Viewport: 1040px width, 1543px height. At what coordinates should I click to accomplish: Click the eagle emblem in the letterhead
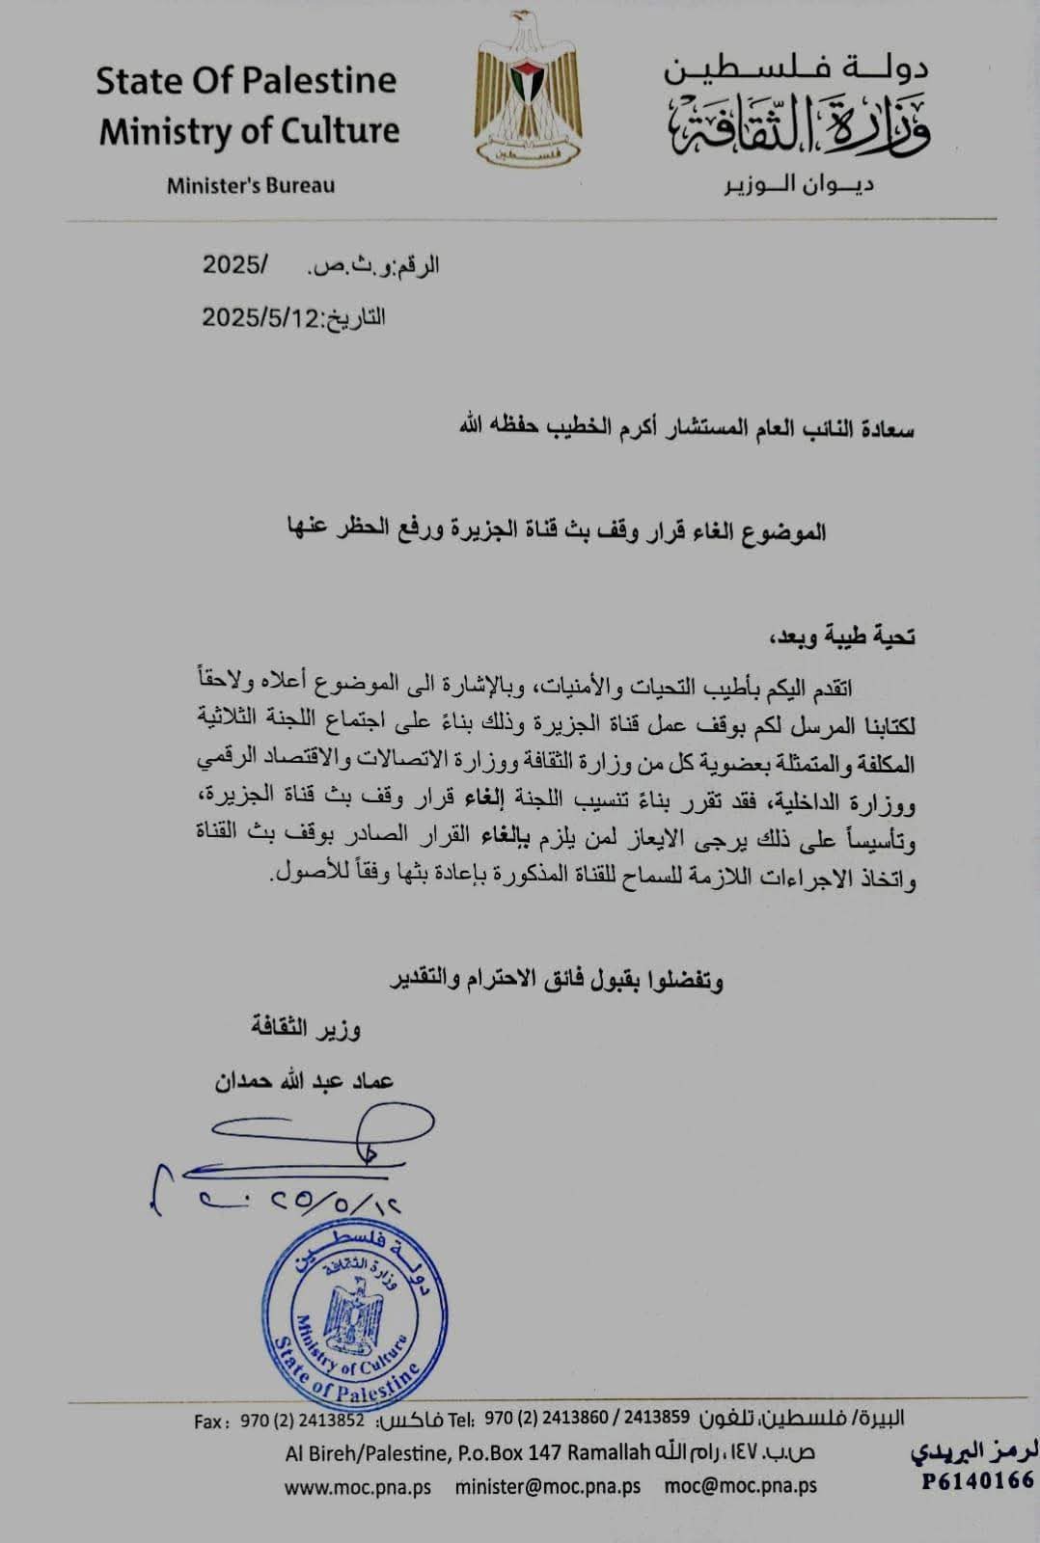[528, 89]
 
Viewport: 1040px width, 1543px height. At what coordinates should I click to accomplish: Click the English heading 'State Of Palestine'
[246, 81]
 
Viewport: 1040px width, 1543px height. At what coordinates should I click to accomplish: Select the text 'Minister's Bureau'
[251, 185]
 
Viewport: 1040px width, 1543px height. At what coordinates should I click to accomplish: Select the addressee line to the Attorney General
[686, 428]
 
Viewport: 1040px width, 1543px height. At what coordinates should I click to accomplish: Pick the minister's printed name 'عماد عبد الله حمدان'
[304, 1081]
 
